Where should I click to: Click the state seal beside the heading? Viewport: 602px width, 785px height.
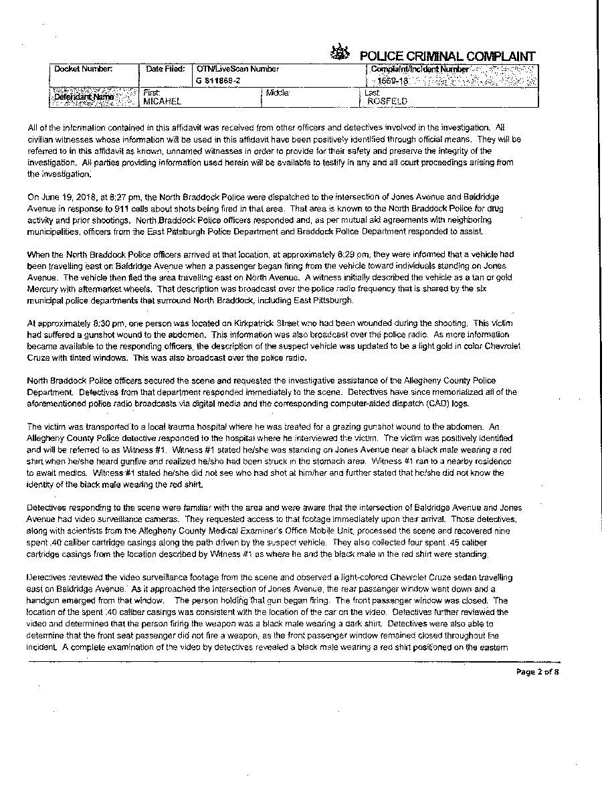point(340,53)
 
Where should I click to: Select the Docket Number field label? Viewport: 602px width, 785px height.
point(84,69)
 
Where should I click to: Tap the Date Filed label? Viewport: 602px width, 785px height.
point(165,69)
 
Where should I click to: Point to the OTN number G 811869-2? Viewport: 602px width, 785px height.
point(219,80)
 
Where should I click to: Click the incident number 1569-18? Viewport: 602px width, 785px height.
point(390,80)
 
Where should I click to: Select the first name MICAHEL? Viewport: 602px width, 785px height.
point(163,101)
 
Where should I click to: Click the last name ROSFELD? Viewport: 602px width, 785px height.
point(387,102)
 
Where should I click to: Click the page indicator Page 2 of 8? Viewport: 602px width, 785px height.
point(537,672)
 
